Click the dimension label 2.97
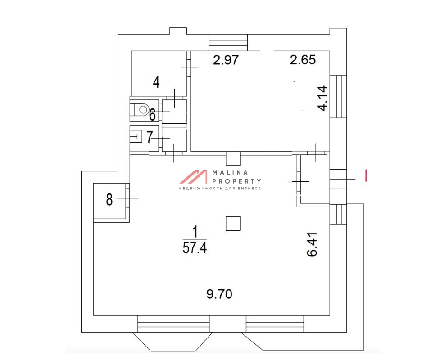[226, 60]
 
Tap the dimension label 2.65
[303, 60]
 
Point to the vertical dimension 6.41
[312, 244]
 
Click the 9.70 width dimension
[219, 294]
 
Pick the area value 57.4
[195, 248]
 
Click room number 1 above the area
[195, 232]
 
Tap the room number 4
[156, 82]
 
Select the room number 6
[152, 115]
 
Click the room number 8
[109, 200]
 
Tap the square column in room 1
[233, 224]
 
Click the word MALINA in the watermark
[230, 172]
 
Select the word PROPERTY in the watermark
[237, 181]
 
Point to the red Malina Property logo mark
[194, 177]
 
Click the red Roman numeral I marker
[366, 175]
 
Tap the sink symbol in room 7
[136, 137]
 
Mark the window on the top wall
[228, 43]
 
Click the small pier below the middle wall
[233, 159]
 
